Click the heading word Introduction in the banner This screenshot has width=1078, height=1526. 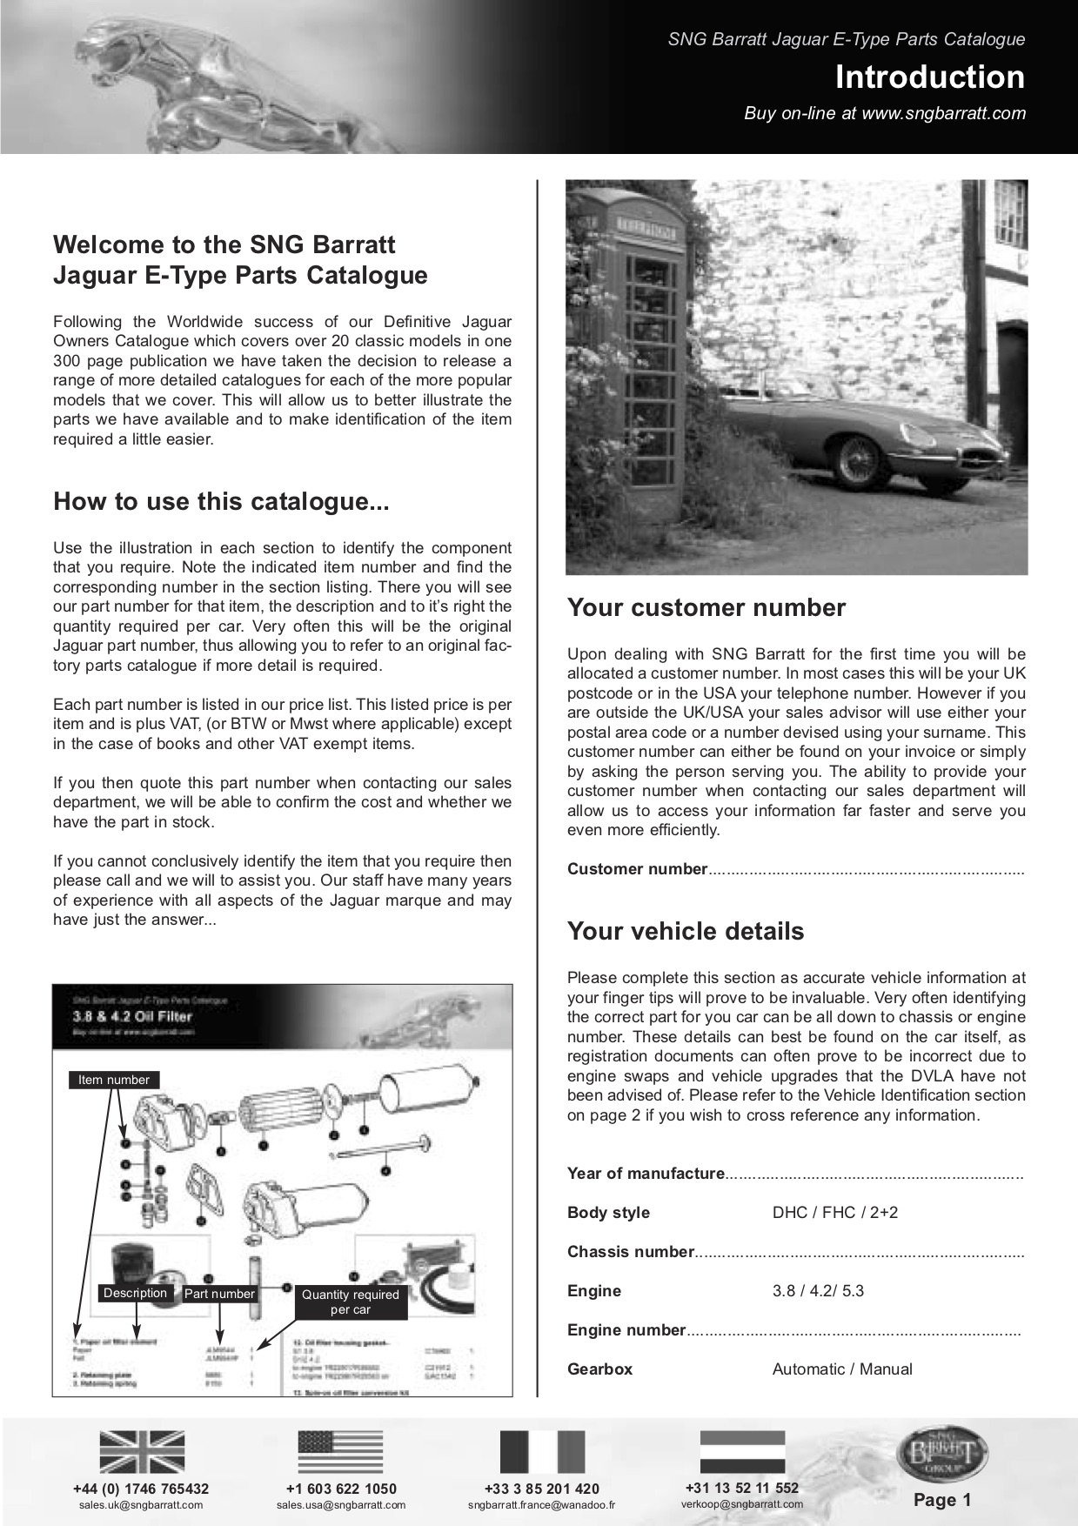pyautogui.click(x=929, y=77)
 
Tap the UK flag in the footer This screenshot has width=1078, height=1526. pyautogui.click(x=142, y=1451)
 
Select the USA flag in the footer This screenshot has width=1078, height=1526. pyautogui.click(x=340, y=1451)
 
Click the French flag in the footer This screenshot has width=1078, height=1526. pyautogui.click(x=541, y=1451)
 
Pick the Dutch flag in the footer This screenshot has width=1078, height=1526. pyautogui.click(x=742, y=1451)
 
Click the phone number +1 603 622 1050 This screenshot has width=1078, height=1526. pyautogui.click(x=341, y=1489)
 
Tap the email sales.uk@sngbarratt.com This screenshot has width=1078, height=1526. pyautogui.click(x=141, y=1505)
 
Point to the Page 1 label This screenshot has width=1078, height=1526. pyautogui.click(x=942, y=1499)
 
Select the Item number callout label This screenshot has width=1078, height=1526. pyautogui.click(x=114, y=1080)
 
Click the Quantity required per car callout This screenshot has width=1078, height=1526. pyautogui.click(x=350, y=1302)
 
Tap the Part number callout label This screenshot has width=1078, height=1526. pyautogui.click(x=219, y=1294)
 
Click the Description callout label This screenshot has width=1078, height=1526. pyautogui.click(x=135, y=1293)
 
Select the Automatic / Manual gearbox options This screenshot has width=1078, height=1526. pyautogui.click(x=841, y=1369)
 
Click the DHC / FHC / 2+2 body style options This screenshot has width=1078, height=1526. pyautogui.click(x=834, y=1213)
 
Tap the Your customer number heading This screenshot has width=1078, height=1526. pyautogui.click(x=706, y=607)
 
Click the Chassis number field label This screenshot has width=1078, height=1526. pyautogui.click(x=630, y=1252)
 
